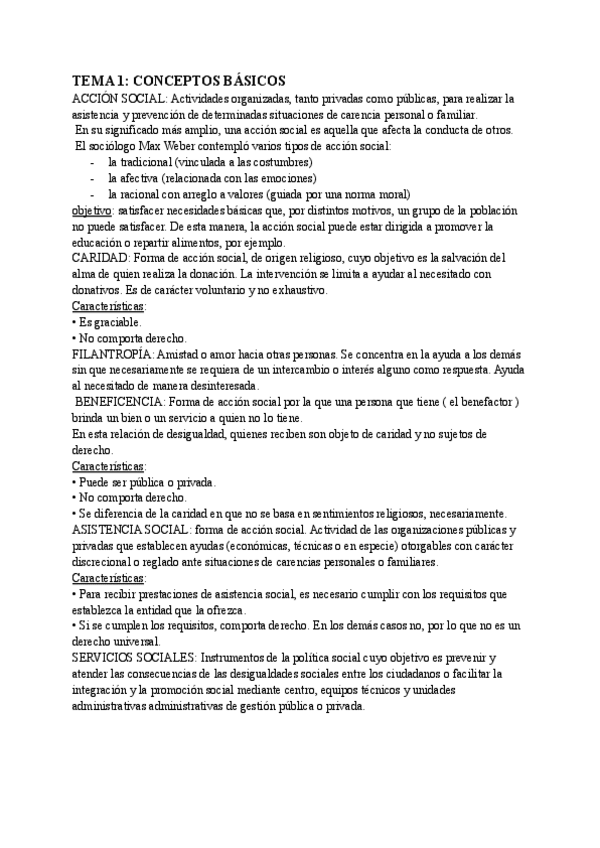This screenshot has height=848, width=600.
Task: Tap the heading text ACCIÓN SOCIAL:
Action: click(118, 99)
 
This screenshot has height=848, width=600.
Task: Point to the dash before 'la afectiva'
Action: click(93, 178)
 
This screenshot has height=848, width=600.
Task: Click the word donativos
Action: click(99, 291)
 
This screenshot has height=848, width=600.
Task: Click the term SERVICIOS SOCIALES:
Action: click(135, 659)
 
